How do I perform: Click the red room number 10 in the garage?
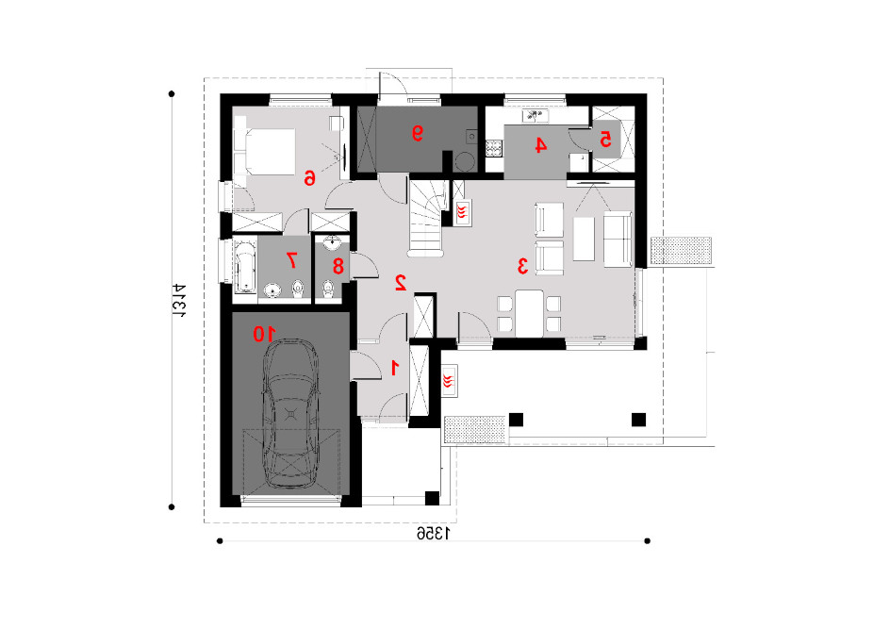click(265, 334)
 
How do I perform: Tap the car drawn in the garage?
click(290, 414)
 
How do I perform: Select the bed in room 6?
click(266, 152)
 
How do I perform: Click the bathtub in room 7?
click(245, 267)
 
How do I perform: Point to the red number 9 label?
click(417, 133)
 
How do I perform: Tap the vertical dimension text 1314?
click(179, 300)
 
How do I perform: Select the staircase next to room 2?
click(427, 218)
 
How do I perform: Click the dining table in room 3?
click(529, 313)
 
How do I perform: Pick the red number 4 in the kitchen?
click(541, 145)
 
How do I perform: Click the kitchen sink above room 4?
click(536, 116)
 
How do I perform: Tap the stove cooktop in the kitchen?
click(494, 148)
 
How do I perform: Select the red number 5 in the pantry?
click(605, 139)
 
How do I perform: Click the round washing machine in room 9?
click(465, 160)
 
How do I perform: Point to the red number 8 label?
click(338, 266)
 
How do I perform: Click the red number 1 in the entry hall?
click(394, 368)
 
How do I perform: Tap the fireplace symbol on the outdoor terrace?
click(450, 381)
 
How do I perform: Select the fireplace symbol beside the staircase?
click(463, 213)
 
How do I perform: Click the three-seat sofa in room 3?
click(618, 239)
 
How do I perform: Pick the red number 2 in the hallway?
click(400, 283)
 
